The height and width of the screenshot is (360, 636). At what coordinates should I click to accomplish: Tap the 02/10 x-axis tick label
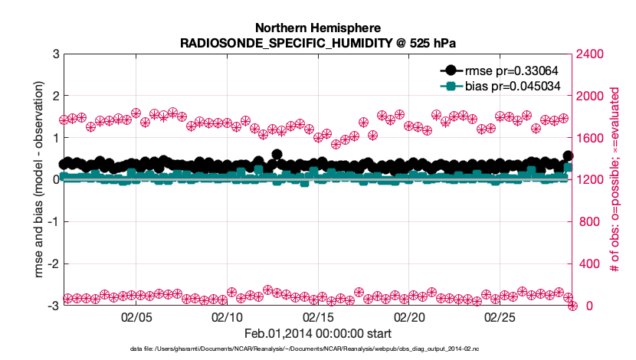(228, 316)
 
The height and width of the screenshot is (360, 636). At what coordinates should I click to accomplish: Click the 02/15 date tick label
(319, 316)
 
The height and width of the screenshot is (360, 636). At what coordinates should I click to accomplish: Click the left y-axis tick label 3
(54, 54)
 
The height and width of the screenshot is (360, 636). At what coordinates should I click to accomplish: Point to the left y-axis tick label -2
(52, 264)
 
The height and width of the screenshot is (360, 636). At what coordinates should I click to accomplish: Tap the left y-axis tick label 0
(54, 180)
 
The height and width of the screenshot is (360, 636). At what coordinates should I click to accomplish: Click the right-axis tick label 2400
(590, 54)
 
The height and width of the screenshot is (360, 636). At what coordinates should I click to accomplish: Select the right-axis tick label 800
(587, 222)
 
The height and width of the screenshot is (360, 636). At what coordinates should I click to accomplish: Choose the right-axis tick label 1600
(590, 138)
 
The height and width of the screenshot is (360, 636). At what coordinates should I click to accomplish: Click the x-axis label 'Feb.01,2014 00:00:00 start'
(318, 333)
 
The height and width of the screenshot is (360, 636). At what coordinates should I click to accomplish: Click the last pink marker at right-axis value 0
(572, 306)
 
